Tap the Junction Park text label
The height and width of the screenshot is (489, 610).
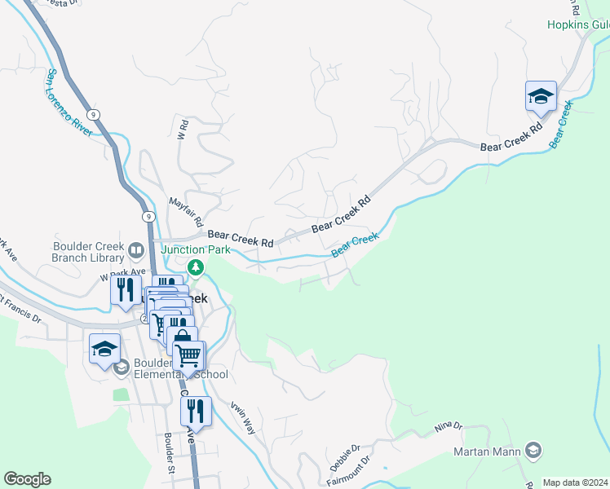[x=195, y=249]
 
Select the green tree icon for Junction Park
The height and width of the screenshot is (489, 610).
[x=195, y=267]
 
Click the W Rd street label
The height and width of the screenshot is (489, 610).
[x=183, y=129]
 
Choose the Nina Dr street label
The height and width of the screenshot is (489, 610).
[x=448, y=426]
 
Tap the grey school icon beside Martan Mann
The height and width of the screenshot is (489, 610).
[x=533, y=450]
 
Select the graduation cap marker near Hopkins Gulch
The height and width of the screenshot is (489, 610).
[x=541, y=98]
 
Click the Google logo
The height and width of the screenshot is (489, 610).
[x=27, y=479]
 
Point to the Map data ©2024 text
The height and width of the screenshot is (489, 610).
[x=575, y=482]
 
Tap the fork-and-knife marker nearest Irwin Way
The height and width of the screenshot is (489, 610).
[x=195, y=412]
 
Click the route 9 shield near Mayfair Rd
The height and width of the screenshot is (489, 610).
[x=148, y=217]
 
